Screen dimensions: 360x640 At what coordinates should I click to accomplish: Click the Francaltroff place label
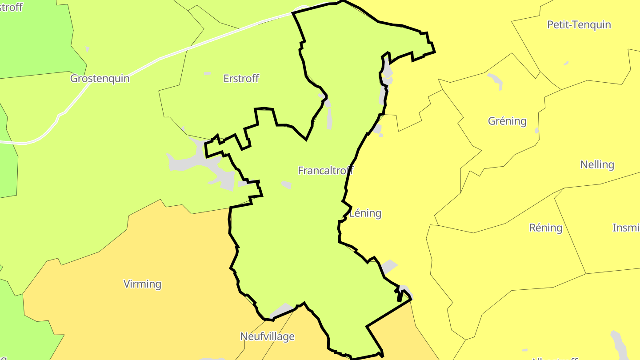click(325, 171)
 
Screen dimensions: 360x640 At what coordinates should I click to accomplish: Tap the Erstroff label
click(241, 79)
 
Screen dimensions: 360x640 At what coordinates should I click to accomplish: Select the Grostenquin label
click(100, 79)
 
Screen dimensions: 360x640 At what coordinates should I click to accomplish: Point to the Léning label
click(365, 213)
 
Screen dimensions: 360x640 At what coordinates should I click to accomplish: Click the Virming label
click(142, 284)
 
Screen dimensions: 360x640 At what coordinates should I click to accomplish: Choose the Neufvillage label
click(267, 336)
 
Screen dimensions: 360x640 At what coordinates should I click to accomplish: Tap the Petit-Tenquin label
click(579, 25)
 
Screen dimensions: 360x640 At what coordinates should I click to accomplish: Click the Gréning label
click(507, 121)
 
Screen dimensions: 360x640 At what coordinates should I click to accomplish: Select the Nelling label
click(597, 165)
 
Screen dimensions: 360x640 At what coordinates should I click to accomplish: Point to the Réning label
click(546, 228)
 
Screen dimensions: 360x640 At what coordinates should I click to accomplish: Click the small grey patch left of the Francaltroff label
click(286, 184)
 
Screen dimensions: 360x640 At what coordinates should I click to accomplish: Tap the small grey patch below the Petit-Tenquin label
click(566, 63)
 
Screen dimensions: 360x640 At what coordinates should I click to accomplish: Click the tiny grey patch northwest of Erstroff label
click(207, 73)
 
